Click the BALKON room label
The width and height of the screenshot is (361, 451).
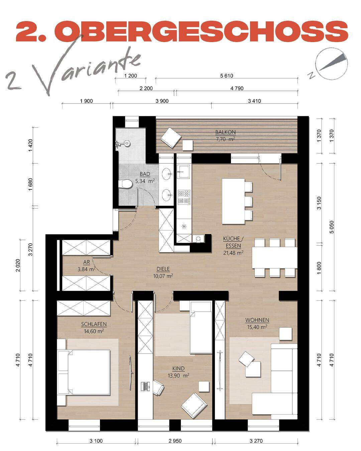(226, 132)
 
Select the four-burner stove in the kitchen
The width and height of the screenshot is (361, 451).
(184, 197)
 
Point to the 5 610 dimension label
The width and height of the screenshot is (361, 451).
(227, 76)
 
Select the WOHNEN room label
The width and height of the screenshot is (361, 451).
(257, 320)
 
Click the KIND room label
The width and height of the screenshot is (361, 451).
(178, 368)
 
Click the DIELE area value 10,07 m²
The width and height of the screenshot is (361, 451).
(163, 276)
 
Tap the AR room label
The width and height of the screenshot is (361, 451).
(87, 262)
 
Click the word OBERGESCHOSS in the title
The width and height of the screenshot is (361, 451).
(202, 31)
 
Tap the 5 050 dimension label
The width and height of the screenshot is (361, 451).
(332, 227)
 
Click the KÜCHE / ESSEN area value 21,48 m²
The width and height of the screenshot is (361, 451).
(233, 253)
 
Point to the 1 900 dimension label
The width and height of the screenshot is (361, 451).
(86, 101)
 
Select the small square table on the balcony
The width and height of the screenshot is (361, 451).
(188, 145)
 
